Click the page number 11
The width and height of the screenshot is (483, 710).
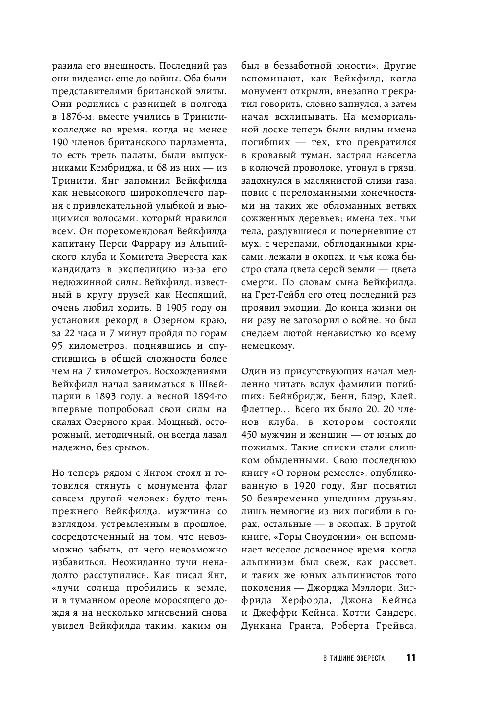click(411, 658)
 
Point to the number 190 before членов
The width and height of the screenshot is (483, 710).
click(60, 142)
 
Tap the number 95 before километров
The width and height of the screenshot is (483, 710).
click(58, 346)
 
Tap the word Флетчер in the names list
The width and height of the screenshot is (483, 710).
click(259, 409)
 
